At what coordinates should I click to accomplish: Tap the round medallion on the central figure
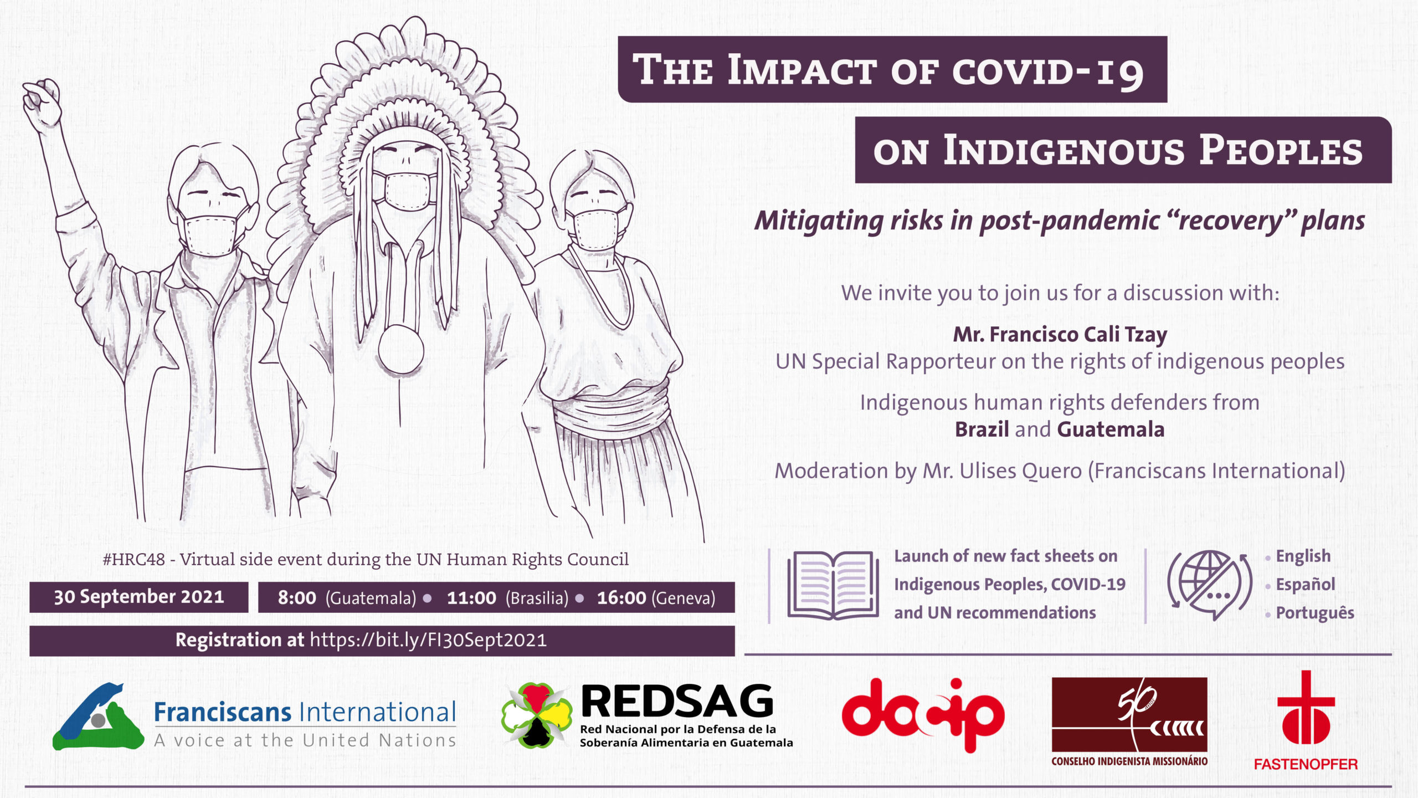400,351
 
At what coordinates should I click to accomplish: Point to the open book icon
833,585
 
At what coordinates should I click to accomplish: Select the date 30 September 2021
139,597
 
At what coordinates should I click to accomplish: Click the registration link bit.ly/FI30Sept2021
428,640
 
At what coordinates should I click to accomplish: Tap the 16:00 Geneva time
656,598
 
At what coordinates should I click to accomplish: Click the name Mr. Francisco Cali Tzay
1060,335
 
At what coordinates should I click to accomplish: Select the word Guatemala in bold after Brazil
1111,429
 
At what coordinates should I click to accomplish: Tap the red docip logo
923,715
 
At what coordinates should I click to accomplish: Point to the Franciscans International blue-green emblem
99,717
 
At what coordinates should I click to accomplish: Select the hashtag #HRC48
133,559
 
